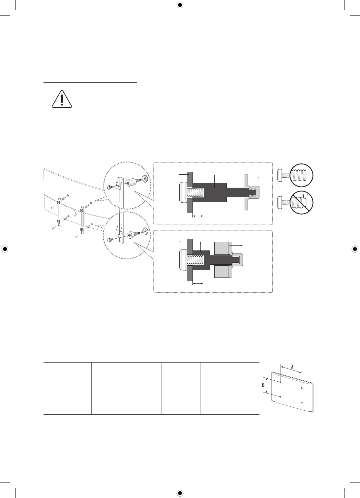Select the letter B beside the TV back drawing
(x=263, y=385)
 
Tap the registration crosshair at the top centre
(x=180, y=5)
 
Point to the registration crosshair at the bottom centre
(x=180, y=493)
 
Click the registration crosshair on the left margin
(x=5, y=249)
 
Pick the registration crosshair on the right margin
(x=355, y=249)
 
